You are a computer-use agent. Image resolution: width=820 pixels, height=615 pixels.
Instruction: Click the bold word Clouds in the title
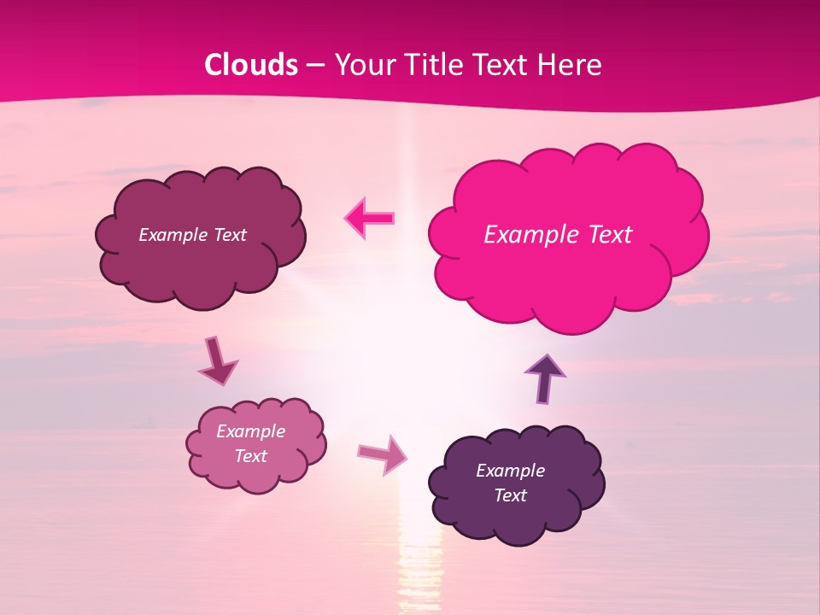[x=251, y=65]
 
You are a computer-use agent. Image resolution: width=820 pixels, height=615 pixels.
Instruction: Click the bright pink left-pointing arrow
[x=370, y=218]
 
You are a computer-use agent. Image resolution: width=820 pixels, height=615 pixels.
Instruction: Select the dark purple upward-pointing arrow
[x=545, y=378]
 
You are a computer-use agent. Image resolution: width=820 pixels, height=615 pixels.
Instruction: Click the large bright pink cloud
[x=568, y=239]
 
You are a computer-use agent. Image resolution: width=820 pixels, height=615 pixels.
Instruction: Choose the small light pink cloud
[x=255, y=445]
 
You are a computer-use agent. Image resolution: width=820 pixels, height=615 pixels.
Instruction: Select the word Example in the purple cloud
[x=510, y=471]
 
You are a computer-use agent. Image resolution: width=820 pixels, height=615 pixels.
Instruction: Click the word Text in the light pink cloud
[x=251, y=456]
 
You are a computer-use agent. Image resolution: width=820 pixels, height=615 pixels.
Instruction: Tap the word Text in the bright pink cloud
[x=609, y=235]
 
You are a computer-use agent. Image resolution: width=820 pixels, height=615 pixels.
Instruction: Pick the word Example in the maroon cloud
[x=172, y=235]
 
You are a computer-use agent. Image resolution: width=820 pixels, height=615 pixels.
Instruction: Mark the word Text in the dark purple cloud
[x=510, y=495]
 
